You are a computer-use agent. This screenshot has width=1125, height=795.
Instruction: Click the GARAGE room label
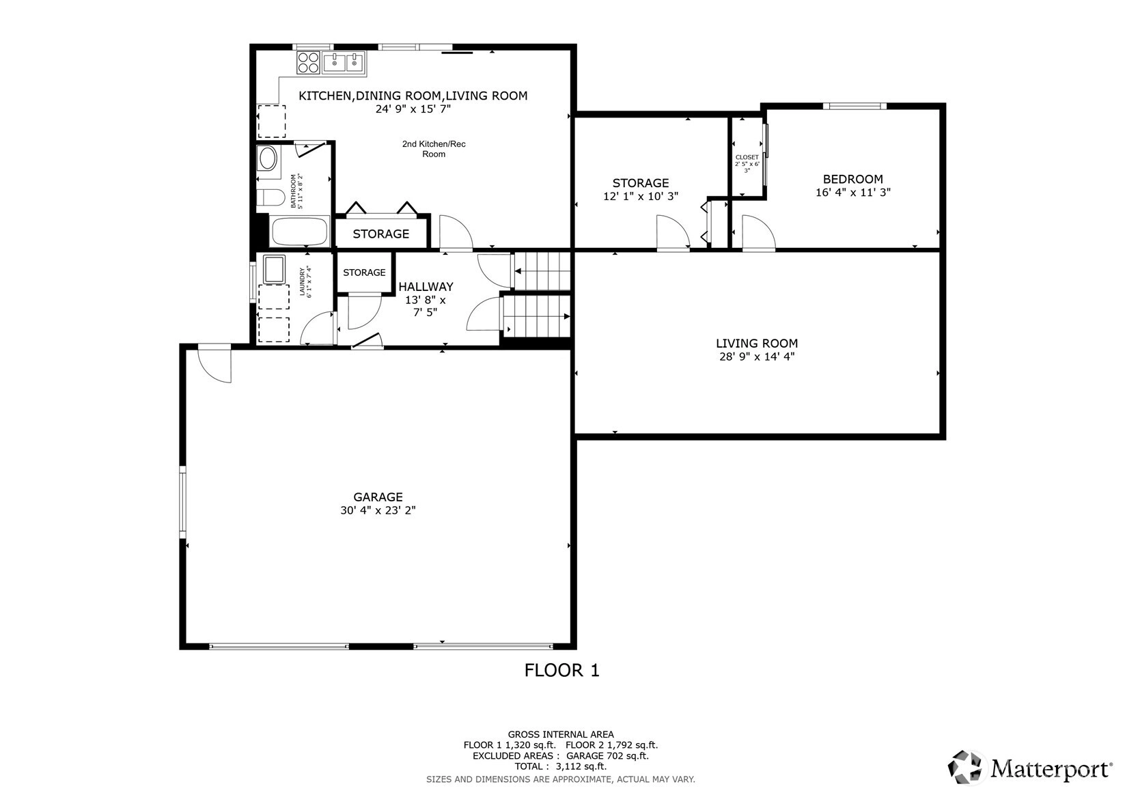coord(378,497)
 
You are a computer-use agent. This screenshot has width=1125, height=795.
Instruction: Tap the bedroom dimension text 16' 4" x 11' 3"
coord(852,192)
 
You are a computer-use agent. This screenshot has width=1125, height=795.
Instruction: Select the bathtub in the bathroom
coord(299,232)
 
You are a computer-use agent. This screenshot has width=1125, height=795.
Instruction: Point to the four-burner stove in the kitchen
coord(308,63)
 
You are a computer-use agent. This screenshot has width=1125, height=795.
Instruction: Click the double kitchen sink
coord(344,63)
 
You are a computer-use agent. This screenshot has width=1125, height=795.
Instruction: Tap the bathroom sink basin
coord(267,158)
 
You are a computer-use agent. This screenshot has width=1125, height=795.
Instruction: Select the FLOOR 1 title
coord(561,670)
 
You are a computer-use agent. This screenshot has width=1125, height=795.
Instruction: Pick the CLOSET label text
coord(747,157)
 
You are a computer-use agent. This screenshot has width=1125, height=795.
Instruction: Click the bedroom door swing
coord(759,232)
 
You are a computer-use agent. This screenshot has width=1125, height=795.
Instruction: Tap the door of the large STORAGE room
coord(673,232)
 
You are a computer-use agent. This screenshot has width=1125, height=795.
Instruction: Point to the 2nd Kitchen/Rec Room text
coord(434,149)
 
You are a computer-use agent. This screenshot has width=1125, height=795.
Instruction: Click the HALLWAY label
coord(426,286)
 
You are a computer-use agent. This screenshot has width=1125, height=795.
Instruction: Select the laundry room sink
coord(274,269)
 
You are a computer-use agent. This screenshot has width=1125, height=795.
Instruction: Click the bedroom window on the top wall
coord(855,106)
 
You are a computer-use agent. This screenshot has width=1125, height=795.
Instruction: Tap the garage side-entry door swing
coord(214,362)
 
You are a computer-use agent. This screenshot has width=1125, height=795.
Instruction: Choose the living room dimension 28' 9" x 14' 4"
coord(757,357)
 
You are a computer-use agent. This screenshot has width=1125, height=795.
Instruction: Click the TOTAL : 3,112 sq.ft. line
coord(561,766)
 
